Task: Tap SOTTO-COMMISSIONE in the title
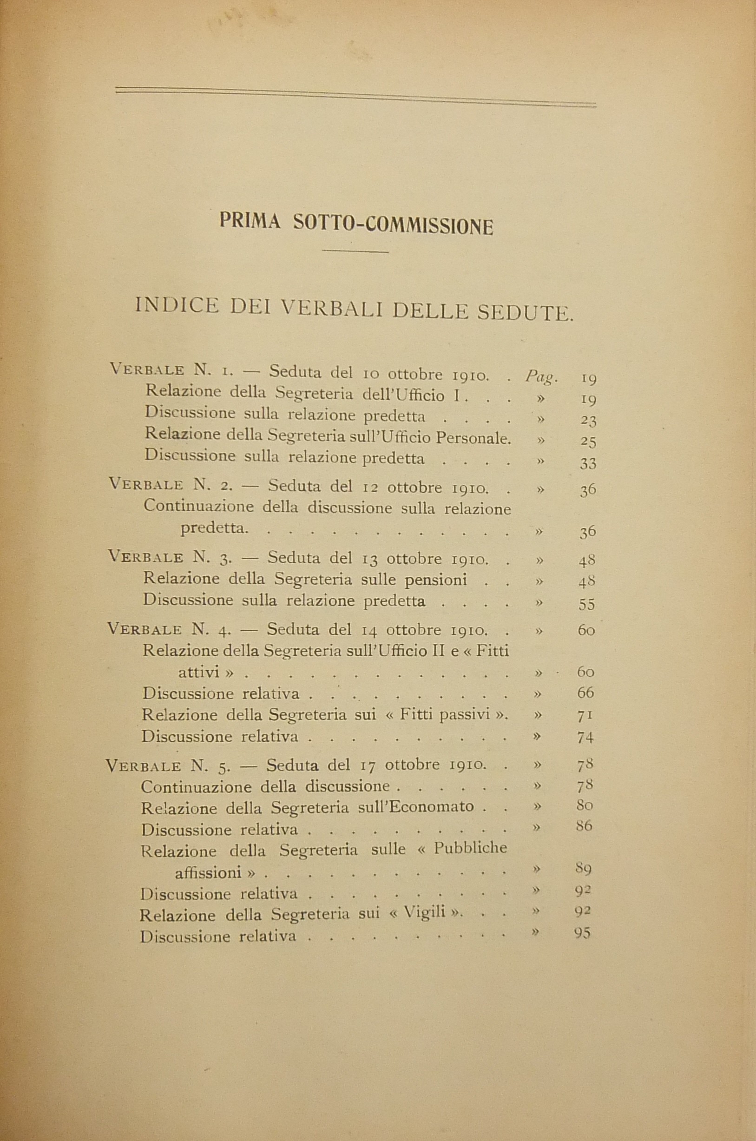coord(393,225)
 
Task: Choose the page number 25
coord(588,442)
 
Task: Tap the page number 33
coord(588,464)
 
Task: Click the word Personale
coord(473,438)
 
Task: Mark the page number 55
coord(587,604)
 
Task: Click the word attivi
coord(206,671)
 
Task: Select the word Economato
coord(437,806)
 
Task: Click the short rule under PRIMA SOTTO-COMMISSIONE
coord(355,251)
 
